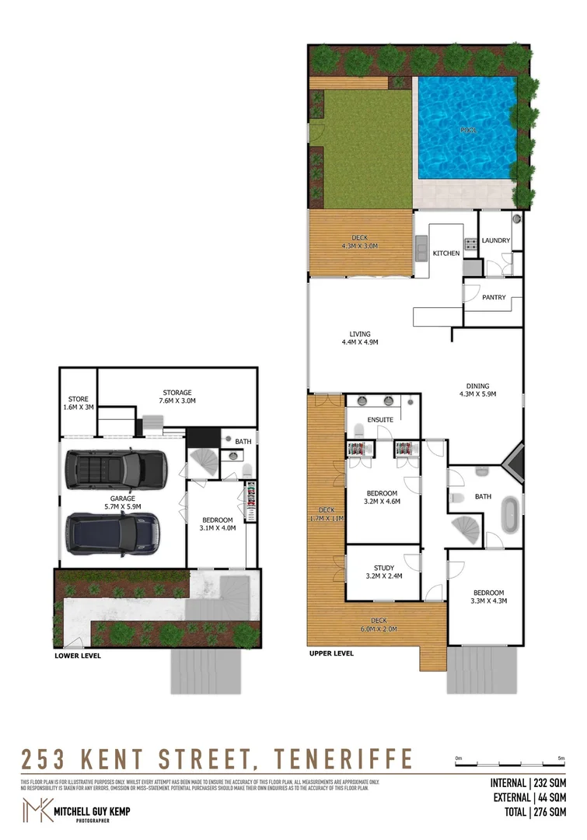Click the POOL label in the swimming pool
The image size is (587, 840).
[x=467, y=130]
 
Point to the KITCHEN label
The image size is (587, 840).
[x=446, y=254]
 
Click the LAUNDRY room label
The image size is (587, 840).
[x=495, y=240]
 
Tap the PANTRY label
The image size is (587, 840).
[x=494, y=297]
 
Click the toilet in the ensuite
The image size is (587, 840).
[x=358, y=431]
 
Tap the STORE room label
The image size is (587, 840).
[x=78, y=399]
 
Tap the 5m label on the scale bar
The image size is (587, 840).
[x=561, y=758]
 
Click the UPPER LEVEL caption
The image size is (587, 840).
[x=331, y=653]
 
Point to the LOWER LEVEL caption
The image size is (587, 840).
[x=78, y=656]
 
